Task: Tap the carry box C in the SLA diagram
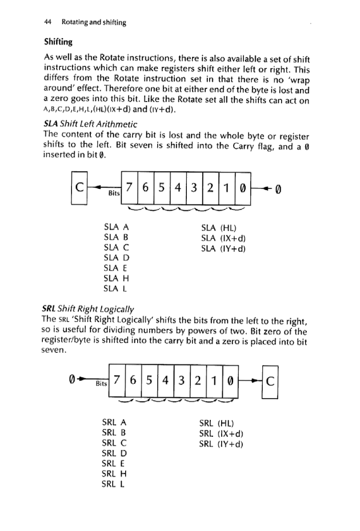point(78,187)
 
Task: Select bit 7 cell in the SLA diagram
point(131,187)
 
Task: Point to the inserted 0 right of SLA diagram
point(279,187)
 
